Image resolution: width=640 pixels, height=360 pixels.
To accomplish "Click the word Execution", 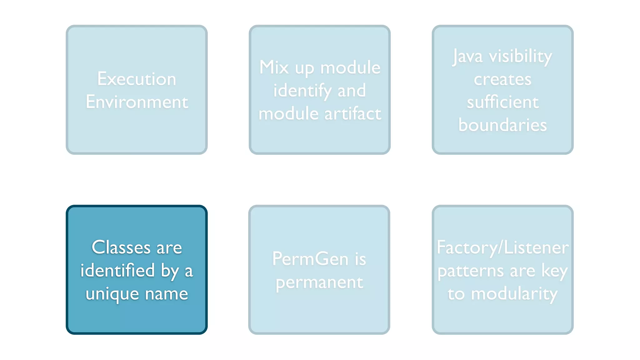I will pos(137,79).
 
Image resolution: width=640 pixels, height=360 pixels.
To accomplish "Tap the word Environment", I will pos(137,102).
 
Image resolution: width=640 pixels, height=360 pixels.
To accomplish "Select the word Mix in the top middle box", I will pos(274,67).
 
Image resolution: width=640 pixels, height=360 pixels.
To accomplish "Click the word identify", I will pos(302,91).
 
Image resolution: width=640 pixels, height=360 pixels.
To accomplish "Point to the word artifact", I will pos(352,113).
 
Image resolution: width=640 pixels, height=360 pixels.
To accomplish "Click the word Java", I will pos(467,57).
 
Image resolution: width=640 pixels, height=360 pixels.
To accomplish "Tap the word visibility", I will pos(520,57).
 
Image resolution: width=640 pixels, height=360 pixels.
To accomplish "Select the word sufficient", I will pos(502,102).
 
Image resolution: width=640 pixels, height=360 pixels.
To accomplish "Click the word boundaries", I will pos(502,125).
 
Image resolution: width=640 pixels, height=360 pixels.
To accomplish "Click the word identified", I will pos(117,270).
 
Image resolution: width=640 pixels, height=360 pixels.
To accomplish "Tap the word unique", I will pos(112,294).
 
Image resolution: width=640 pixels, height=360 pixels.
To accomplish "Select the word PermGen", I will pos(310,259).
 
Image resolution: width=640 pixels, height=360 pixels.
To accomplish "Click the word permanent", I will pos(319,282).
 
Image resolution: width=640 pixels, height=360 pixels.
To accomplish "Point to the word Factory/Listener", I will pos(502,247).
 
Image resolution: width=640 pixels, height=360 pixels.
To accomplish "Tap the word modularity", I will pos(514,294).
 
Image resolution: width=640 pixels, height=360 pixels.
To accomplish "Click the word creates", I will pos(502,79).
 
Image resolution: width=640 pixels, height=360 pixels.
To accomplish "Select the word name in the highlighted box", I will pos(166,294).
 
